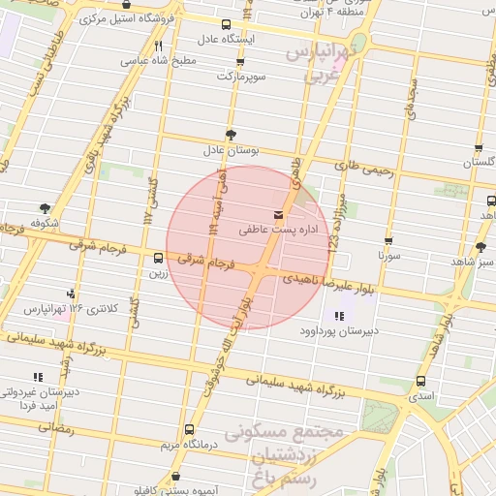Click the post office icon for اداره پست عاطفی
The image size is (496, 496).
tap(280, 214)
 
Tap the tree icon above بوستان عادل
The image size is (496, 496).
tap(231, 134)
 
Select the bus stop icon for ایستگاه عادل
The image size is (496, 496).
tap(226, 24)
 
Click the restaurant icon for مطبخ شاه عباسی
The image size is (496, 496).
tap(158, 45)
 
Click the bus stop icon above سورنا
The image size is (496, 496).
tap(388, 241)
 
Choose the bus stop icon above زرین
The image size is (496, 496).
tap(158, 258)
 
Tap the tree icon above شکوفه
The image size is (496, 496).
tap(45, 207)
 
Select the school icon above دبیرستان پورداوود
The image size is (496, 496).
tap(339, 316)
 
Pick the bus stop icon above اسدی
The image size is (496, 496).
tap(420, 381)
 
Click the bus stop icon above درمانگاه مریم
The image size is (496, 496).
tap(188, 429)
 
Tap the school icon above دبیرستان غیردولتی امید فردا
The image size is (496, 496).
tap(38, 376)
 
